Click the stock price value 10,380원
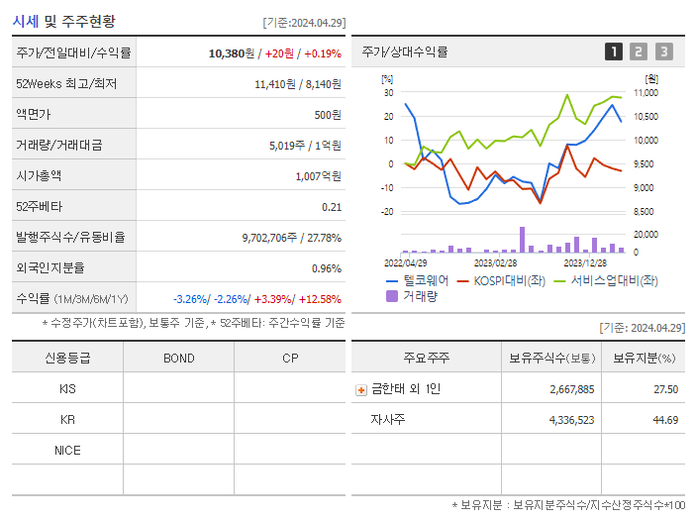235,53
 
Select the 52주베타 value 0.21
332,207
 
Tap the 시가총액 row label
39,176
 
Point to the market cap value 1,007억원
318,176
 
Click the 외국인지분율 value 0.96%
326,268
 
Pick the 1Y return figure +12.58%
318,299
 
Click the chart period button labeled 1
614,52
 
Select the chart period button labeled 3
663,52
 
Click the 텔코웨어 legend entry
417,280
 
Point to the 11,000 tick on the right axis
645,93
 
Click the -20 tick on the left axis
387,212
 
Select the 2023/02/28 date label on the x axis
495,262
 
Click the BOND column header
178,359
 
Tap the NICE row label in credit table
67,451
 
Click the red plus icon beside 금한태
360,390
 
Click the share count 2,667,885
572,389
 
